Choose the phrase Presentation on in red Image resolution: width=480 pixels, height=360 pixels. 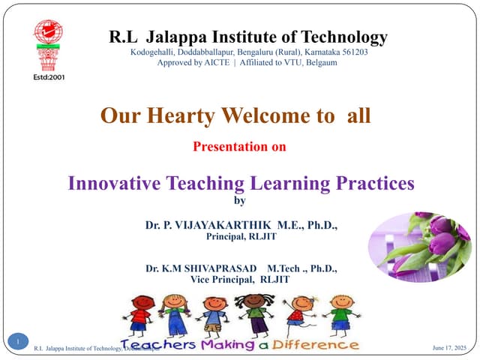pos(239,147)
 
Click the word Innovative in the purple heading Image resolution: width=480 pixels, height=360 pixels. pos(117,182)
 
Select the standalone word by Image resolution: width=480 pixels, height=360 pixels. pos(240,200)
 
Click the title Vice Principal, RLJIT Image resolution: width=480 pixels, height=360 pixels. pos(240,279)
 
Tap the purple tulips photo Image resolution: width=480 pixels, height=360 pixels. pos(419,240)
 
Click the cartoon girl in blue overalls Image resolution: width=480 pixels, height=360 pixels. pos(175,315)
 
